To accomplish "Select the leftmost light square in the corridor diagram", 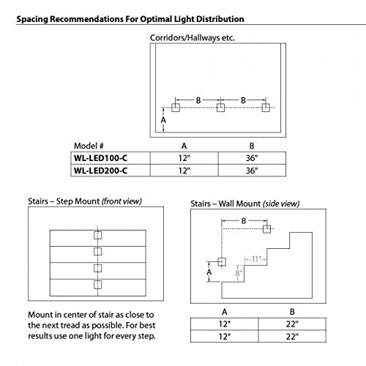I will click(x=174, y=108).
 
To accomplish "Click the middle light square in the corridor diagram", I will click(x=220, y=108).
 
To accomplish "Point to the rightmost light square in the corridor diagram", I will click(x=266, y=108).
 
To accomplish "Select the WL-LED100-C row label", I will click(x=102, y=157).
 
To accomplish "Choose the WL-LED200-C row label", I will click(x=102, y=171).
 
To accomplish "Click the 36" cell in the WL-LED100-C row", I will click(x=252, y=157).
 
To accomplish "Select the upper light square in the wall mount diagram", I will click(x=268, y=229).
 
